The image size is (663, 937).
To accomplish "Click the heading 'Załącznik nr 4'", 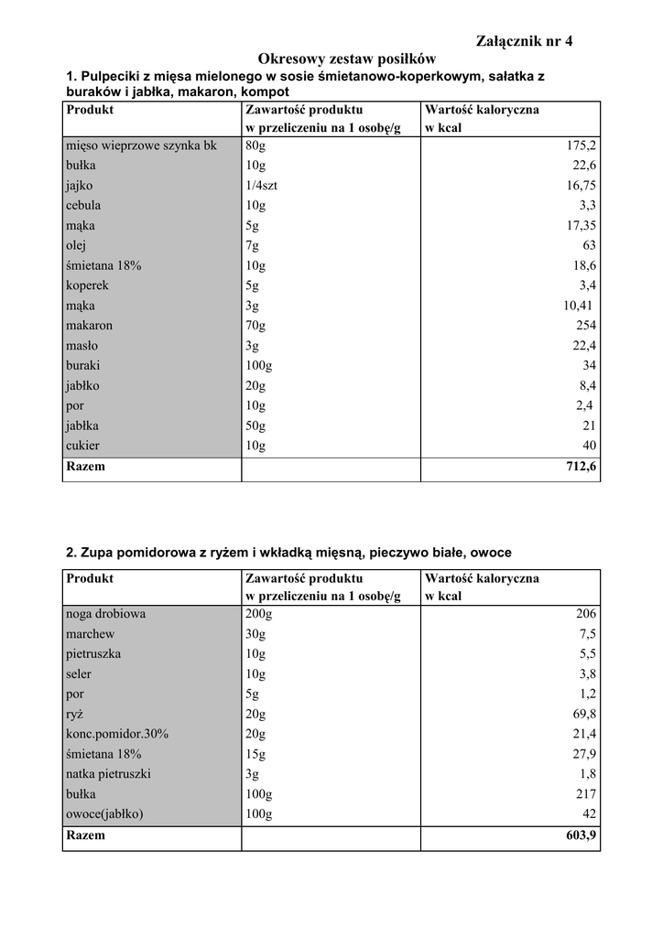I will pos(525,40).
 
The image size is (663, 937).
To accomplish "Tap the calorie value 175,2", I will pos(581,145).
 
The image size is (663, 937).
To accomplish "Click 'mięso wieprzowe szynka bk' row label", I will pos(141,145).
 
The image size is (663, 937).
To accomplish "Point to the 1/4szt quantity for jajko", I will pos(262,186).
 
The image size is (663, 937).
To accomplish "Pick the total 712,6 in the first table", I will pos(581,467).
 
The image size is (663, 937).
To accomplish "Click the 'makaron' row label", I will pos(89,326).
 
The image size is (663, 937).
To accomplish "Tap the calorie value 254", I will pos(586,326).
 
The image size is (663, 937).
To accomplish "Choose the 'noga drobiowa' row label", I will pos(105,614).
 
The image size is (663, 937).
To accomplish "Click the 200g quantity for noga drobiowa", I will pos(259,614).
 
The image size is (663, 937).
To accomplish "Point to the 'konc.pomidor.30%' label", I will pos(117,734).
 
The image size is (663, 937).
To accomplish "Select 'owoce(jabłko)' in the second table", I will pos(104,813).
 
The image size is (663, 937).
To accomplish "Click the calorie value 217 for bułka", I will pos(586,794).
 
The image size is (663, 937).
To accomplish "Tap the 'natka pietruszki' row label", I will pos(108,774).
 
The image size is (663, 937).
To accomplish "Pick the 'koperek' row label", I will pos(87,285).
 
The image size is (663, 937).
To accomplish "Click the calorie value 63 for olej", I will pos(589,245).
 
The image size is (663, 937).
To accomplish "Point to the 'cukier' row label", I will pos(82,446).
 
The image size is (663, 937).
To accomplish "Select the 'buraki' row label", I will pos(82,365).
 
